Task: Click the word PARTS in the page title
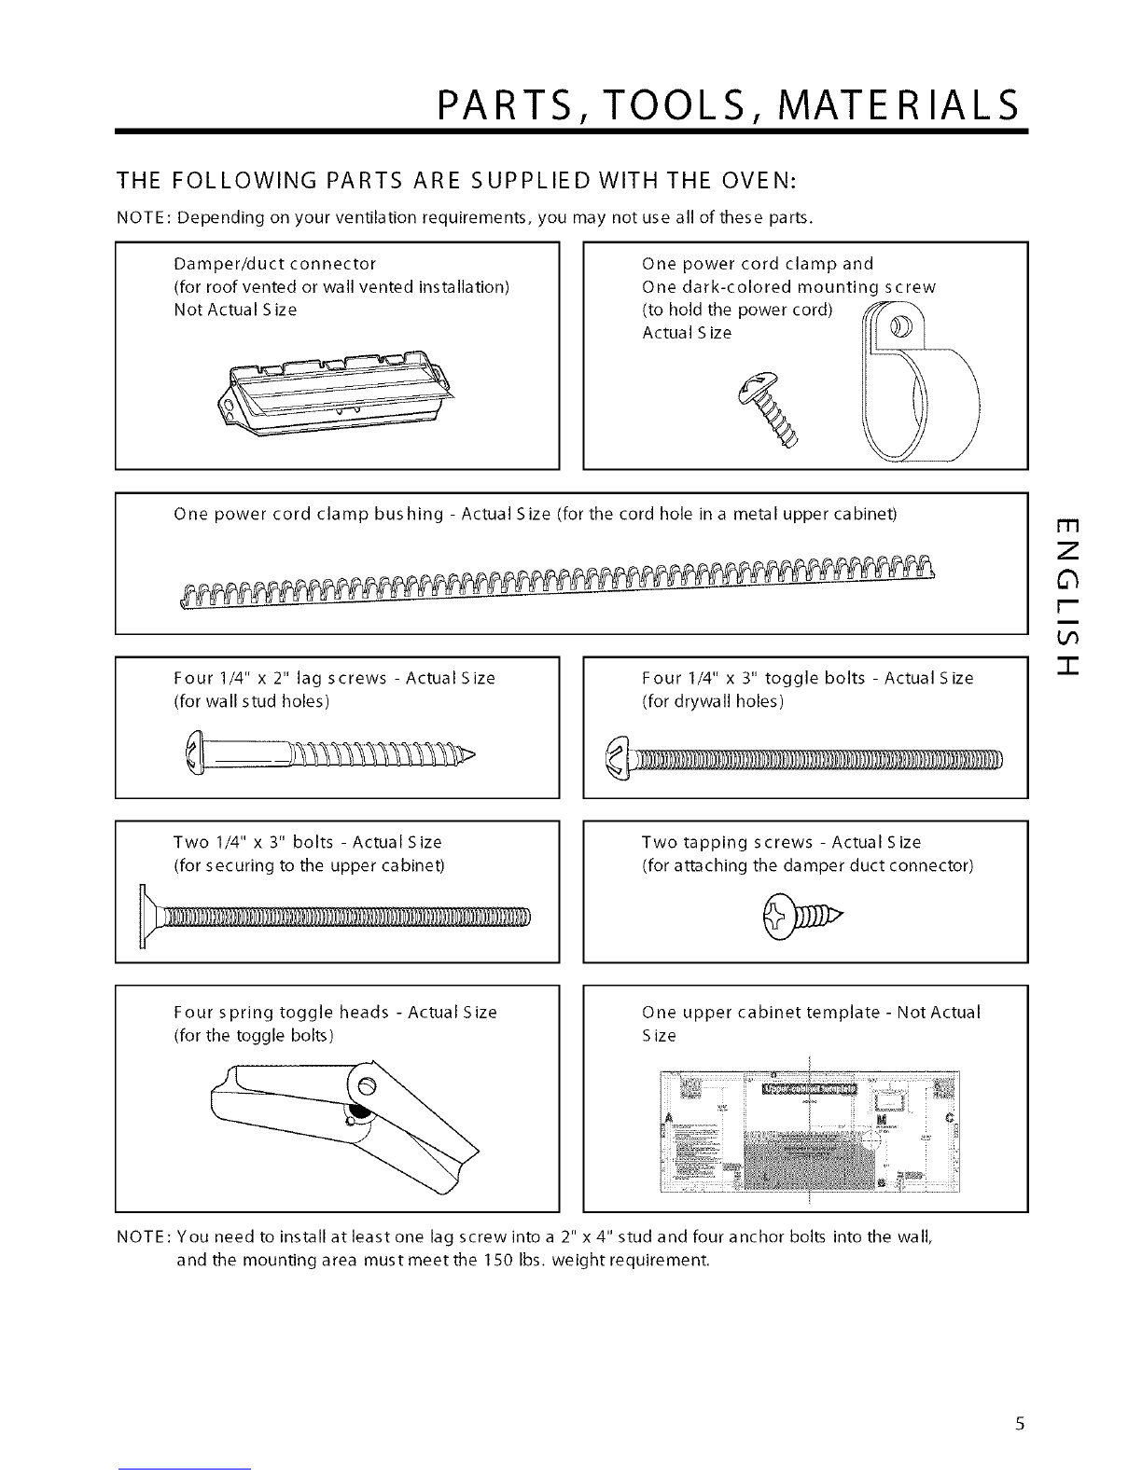(515, 104)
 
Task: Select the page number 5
(1021, 1424)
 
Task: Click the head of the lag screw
(194, 752)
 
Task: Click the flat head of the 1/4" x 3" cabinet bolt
(146, 916)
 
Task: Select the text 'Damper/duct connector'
(275, 264)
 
